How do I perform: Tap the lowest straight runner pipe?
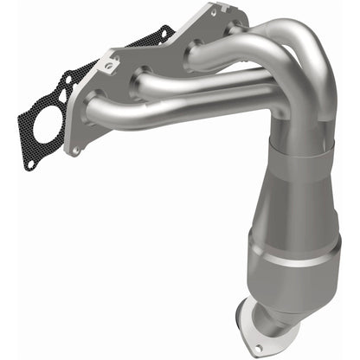pos(164,106)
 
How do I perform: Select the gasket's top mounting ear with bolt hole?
pos(164,35)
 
